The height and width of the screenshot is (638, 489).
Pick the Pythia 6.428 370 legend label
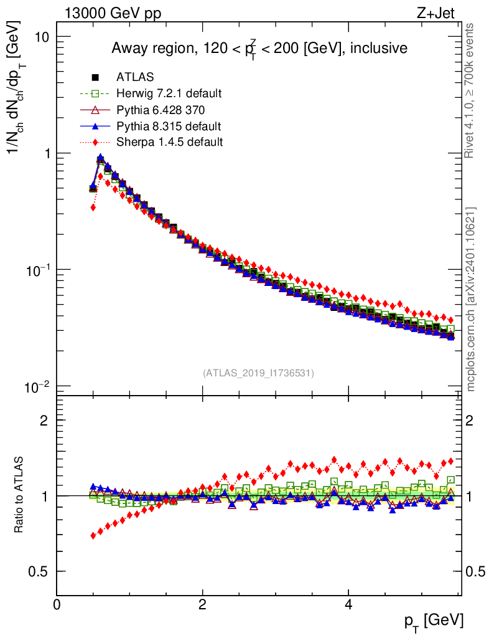161,110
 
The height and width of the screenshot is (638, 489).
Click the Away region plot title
259,48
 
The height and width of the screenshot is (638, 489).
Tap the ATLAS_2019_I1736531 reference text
258,373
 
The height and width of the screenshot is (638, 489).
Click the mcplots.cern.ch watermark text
471,299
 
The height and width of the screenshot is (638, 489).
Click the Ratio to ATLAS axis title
20,495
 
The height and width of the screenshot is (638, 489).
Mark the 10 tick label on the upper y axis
42,37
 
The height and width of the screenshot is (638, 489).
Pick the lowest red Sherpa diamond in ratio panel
93,535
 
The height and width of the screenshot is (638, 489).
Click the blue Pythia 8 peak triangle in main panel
100,157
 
